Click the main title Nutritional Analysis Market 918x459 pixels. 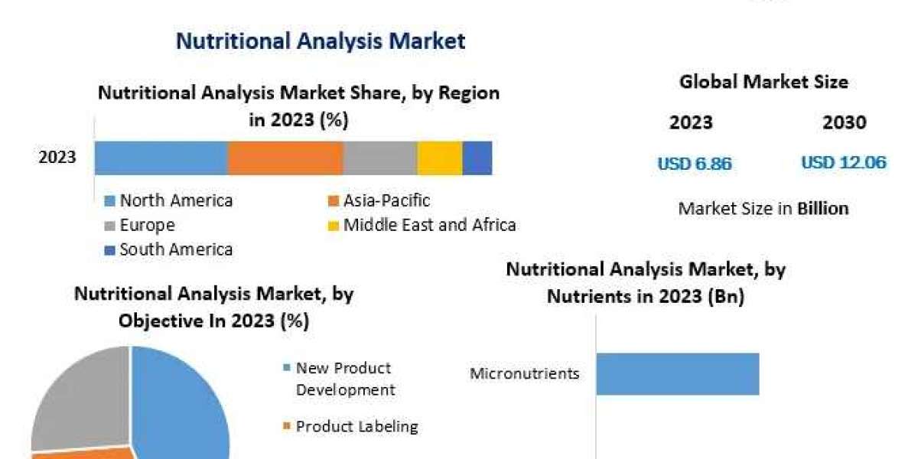(321, 41)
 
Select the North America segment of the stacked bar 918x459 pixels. (161, 158)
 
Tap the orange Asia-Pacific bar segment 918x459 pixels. (285, 158)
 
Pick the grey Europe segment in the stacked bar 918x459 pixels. (379, 158)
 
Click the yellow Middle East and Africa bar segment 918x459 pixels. (440, 158)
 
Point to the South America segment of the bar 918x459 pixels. (477, 158)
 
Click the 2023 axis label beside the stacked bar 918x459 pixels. (57, 158)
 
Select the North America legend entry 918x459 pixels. (176, 201)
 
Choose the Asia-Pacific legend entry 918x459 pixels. (386, 201)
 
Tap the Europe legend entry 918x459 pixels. (147, 226)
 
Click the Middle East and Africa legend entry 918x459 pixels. (429, 225)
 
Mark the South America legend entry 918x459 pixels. (176, 249)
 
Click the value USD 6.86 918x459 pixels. (695, 164)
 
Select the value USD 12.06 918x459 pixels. (844, 163)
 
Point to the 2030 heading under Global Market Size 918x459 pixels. (845, 122)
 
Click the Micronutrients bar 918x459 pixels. (677, 374)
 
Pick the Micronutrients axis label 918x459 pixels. (524, 374)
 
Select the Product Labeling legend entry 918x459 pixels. (356, 426)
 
